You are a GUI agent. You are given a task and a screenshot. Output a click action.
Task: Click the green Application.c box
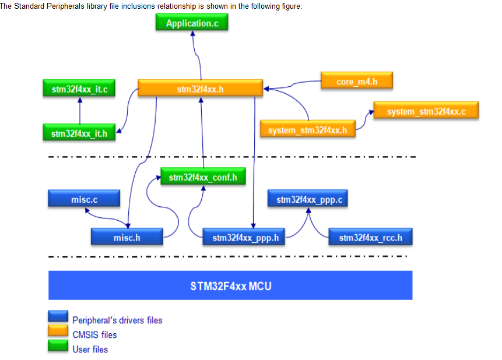coord(192,23)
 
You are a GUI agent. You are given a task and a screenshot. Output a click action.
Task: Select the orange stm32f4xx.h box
coord(200,89)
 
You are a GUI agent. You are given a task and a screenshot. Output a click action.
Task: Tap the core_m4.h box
coord(356,81)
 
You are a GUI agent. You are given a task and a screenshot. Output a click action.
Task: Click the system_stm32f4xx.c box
coord(426,111)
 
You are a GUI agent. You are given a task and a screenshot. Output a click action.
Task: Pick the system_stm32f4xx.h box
coord(307,129)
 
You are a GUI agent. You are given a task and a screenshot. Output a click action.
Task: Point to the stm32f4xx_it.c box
coord(79,89)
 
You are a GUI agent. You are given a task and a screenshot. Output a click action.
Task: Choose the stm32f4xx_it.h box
coord(79,133)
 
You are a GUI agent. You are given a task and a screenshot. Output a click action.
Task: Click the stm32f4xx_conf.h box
coord(202,177)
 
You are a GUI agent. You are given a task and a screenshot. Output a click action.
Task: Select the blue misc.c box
coord(84,199)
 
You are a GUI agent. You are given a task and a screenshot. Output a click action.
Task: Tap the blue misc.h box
coord(127,237)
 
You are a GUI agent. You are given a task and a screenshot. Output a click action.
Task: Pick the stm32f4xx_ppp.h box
coord(245,237)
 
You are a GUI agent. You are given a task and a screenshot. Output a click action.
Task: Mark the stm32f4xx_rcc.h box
coord(367,237)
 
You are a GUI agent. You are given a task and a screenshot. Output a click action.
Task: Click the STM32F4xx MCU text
coord(230,286)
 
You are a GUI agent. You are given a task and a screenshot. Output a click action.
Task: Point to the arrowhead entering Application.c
coord(192,34)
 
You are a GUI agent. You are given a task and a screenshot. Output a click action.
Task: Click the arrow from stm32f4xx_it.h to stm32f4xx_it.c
coord(80,111)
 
